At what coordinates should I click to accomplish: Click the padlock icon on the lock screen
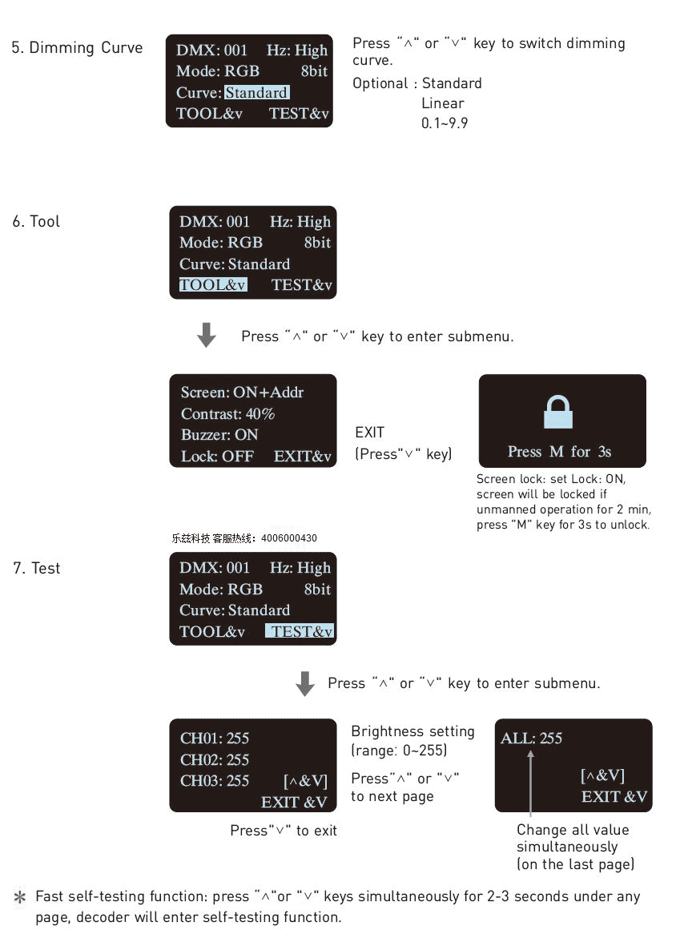pos(558,412)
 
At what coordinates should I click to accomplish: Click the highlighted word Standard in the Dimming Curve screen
pos(257,93)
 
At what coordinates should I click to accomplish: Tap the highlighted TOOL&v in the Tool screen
pos(213,284)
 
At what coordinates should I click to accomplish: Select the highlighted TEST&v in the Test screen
pos(300,631)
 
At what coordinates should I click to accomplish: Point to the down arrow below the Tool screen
pos(207,335)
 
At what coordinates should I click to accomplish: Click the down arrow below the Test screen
pos(305,683)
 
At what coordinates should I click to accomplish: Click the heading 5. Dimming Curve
pos(77,48)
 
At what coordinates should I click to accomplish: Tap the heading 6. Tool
pos(36,221)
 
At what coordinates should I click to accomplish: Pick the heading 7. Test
pos(37,568)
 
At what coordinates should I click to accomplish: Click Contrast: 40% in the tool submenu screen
pos(227,413)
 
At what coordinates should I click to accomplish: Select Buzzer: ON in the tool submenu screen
pos(219,434)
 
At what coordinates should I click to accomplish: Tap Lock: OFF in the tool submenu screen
pos(217,456)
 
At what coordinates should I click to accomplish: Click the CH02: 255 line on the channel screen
pos(215,759)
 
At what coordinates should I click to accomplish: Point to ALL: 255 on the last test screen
pos(531,738)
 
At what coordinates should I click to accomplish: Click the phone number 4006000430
pos(289,537)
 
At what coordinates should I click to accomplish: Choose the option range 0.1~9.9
pos(445,123)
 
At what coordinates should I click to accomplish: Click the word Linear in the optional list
pos(442,103)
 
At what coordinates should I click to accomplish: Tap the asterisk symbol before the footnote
pos(20,896)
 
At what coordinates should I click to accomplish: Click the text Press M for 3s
pos(559,451)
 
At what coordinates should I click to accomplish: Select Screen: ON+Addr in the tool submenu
pos(242,392)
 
